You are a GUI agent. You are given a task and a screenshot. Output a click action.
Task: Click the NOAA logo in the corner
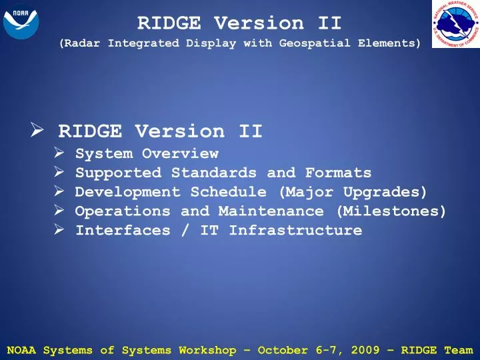point(21,21)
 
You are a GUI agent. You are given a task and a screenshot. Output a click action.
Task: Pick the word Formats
point(338,173)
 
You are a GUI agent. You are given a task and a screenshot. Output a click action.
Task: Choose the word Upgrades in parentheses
point(385,193)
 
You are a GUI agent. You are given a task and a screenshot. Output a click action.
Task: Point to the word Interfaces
point(119,231)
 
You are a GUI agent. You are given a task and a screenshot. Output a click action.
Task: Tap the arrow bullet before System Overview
point(59,154)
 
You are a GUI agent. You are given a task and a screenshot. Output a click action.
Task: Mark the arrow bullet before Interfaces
point(59,231)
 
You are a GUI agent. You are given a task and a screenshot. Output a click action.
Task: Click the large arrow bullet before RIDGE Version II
point(37,131)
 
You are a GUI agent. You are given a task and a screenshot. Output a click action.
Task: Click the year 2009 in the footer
point(370,350)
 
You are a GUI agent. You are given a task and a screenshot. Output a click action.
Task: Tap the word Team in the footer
point(459,350)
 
